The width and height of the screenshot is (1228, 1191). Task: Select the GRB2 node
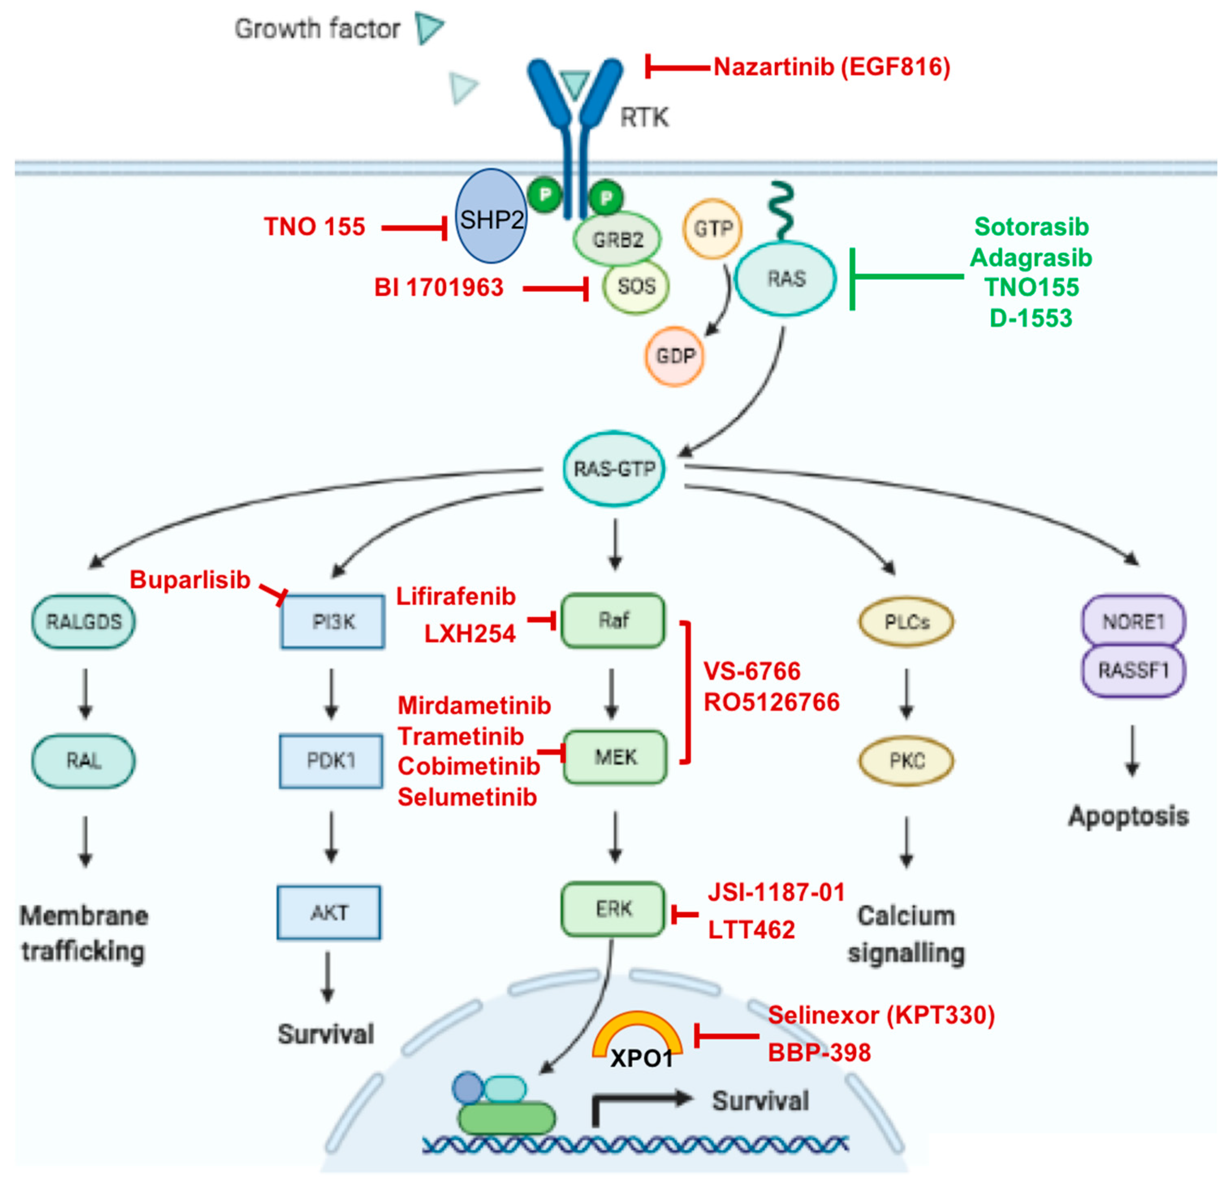pyautogui.click(x=617, y=239)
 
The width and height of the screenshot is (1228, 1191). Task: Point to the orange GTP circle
pyautogui.click(x=712, y=229)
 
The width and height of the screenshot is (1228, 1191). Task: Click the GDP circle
pyautogui.click(x=675, y=356)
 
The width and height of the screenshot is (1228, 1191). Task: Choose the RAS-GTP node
pyautogui.click(x=614, y=468)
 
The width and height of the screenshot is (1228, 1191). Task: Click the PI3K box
pyautogui.click(x=333, y=621)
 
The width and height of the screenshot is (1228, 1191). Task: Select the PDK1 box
pyautogui.click(x=331, y=760)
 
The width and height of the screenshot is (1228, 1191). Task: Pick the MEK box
pyautogui.click(x=615, y=757)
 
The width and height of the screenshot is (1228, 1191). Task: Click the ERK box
pyautogui.click(x=613, y=909)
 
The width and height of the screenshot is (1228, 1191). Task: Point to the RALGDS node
pyautogui.click(x=83, y=621)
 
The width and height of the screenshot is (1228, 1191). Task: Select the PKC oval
pyautogui.click(x=906, y=760)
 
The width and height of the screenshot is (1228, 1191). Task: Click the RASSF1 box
pyautogui.click(x=1133, y=671)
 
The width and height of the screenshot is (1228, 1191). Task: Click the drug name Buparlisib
pyautogui.click(x=190, y=580)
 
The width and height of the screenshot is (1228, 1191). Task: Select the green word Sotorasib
pyautogui.click(x=1031, y=227)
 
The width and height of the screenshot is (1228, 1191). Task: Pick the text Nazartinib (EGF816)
pyautogui.click(x=831, y=67)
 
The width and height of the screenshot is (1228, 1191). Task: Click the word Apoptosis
pyautogui.click(x=1129, y=816)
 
